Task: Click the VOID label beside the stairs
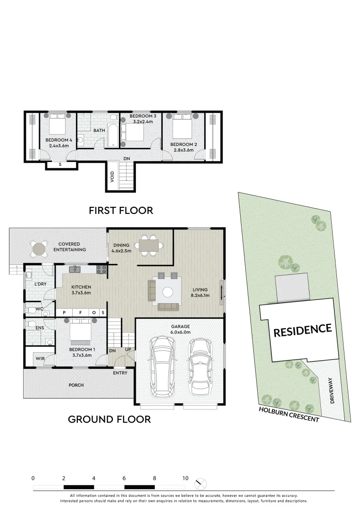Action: tap(112, 177)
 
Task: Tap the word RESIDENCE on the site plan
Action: tap(302, 329)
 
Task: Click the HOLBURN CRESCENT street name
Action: tap(289, 414)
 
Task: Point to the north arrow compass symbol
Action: tap(201, 483)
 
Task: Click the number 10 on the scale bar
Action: tap(185, 478)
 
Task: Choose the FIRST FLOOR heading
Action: tap(121, 210)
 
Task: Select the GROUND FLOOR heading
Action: tap(109, 419)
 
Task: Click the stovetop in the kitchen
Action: tap(101, 270)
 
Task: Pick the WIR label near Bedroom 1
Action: tap(40, 359)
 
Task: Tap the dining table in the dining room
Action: tap(149, 246)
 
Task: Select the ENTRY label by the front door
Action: tap(120, 373)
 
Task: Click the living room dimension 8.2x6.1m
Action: tap(200, 296)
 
